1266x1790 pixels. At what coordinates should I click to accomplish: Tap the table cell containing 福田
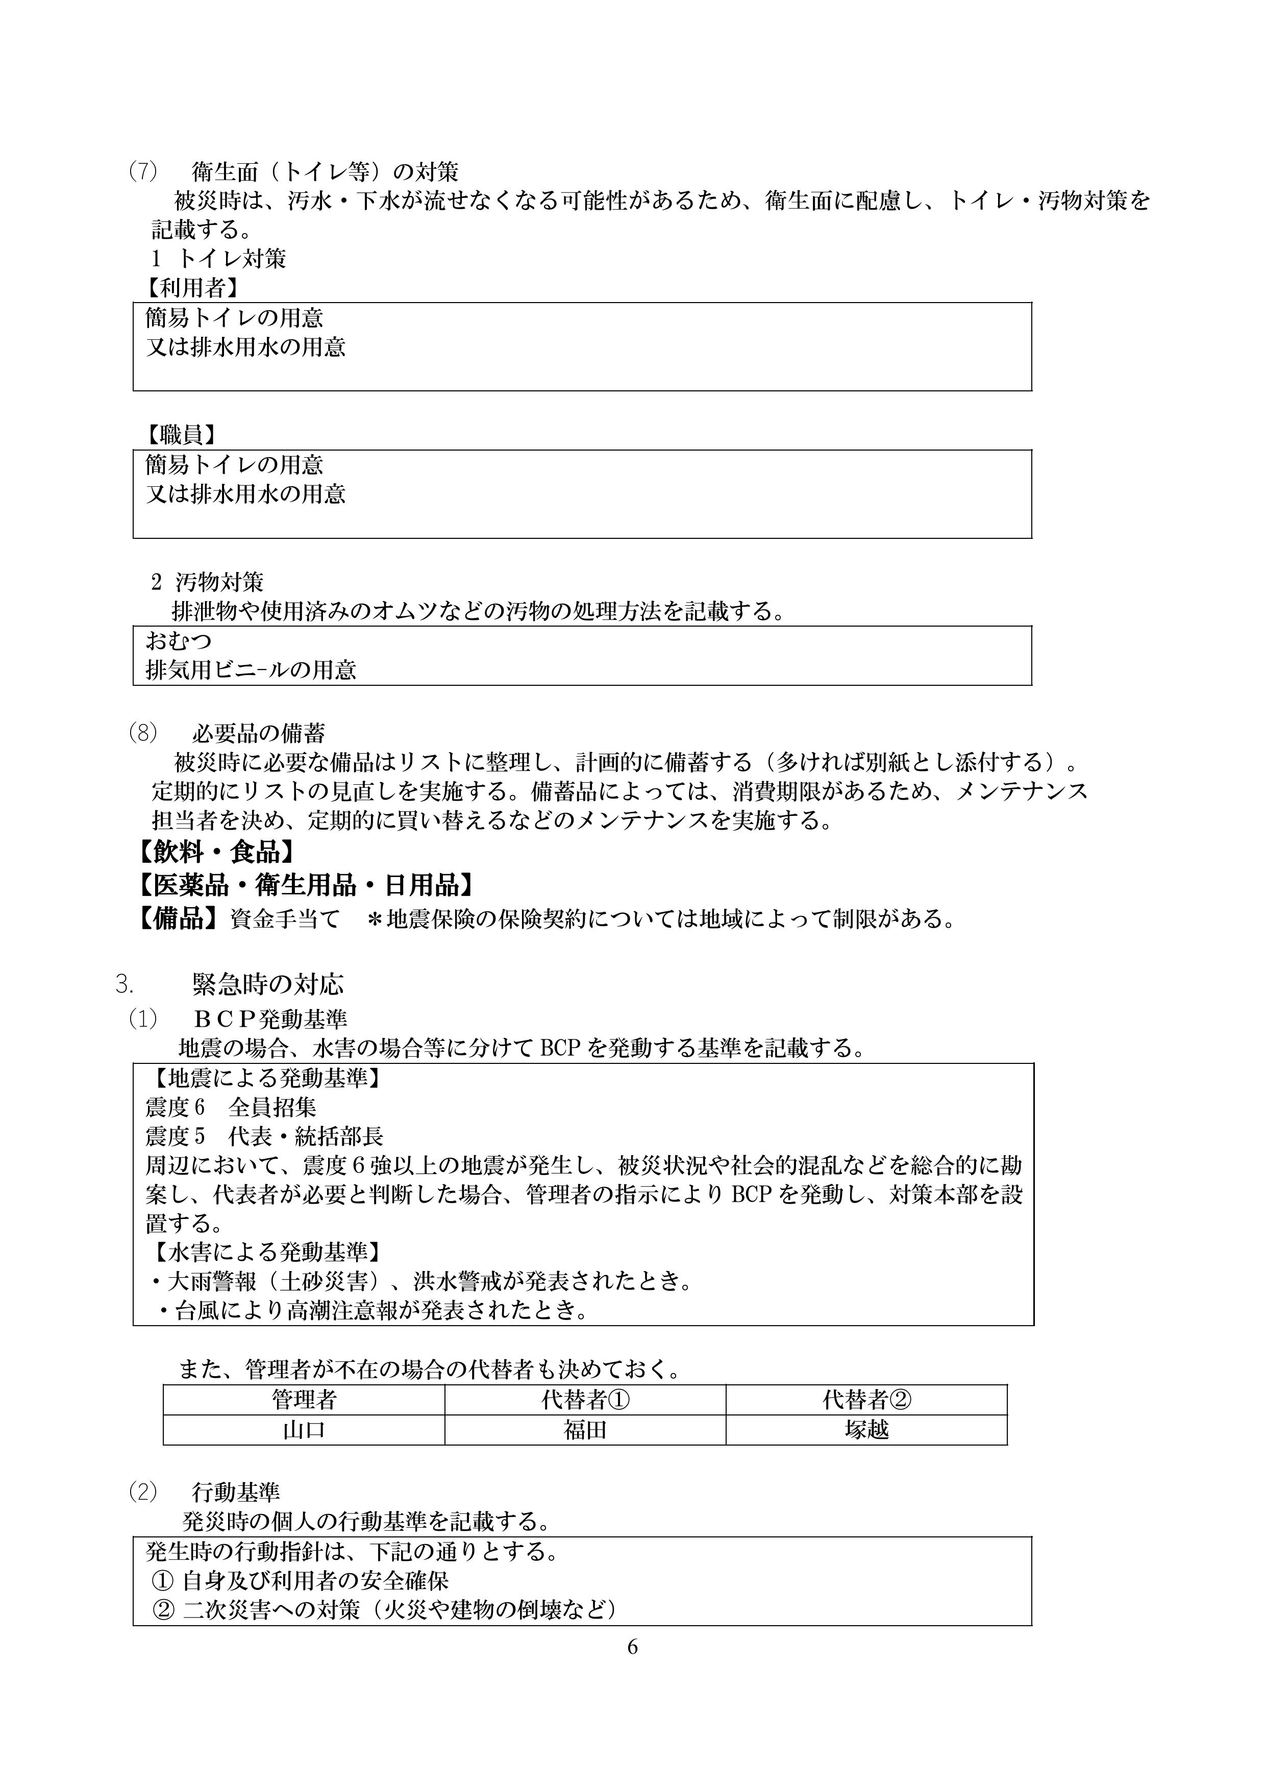[585, 1430]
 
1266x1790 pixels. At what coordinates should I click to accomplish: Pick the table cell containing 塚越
[866, 1430]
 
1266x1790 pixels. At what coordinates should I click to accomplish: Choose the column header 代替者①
[585, 1400]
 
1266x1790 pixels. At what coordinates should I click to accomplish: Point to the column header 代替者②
[866, 1400]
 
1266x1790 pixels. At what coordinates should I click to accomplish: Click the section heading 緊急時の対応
[267, 985]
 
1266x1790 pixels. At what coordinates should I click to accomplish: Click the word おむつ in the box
[179, 641]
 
